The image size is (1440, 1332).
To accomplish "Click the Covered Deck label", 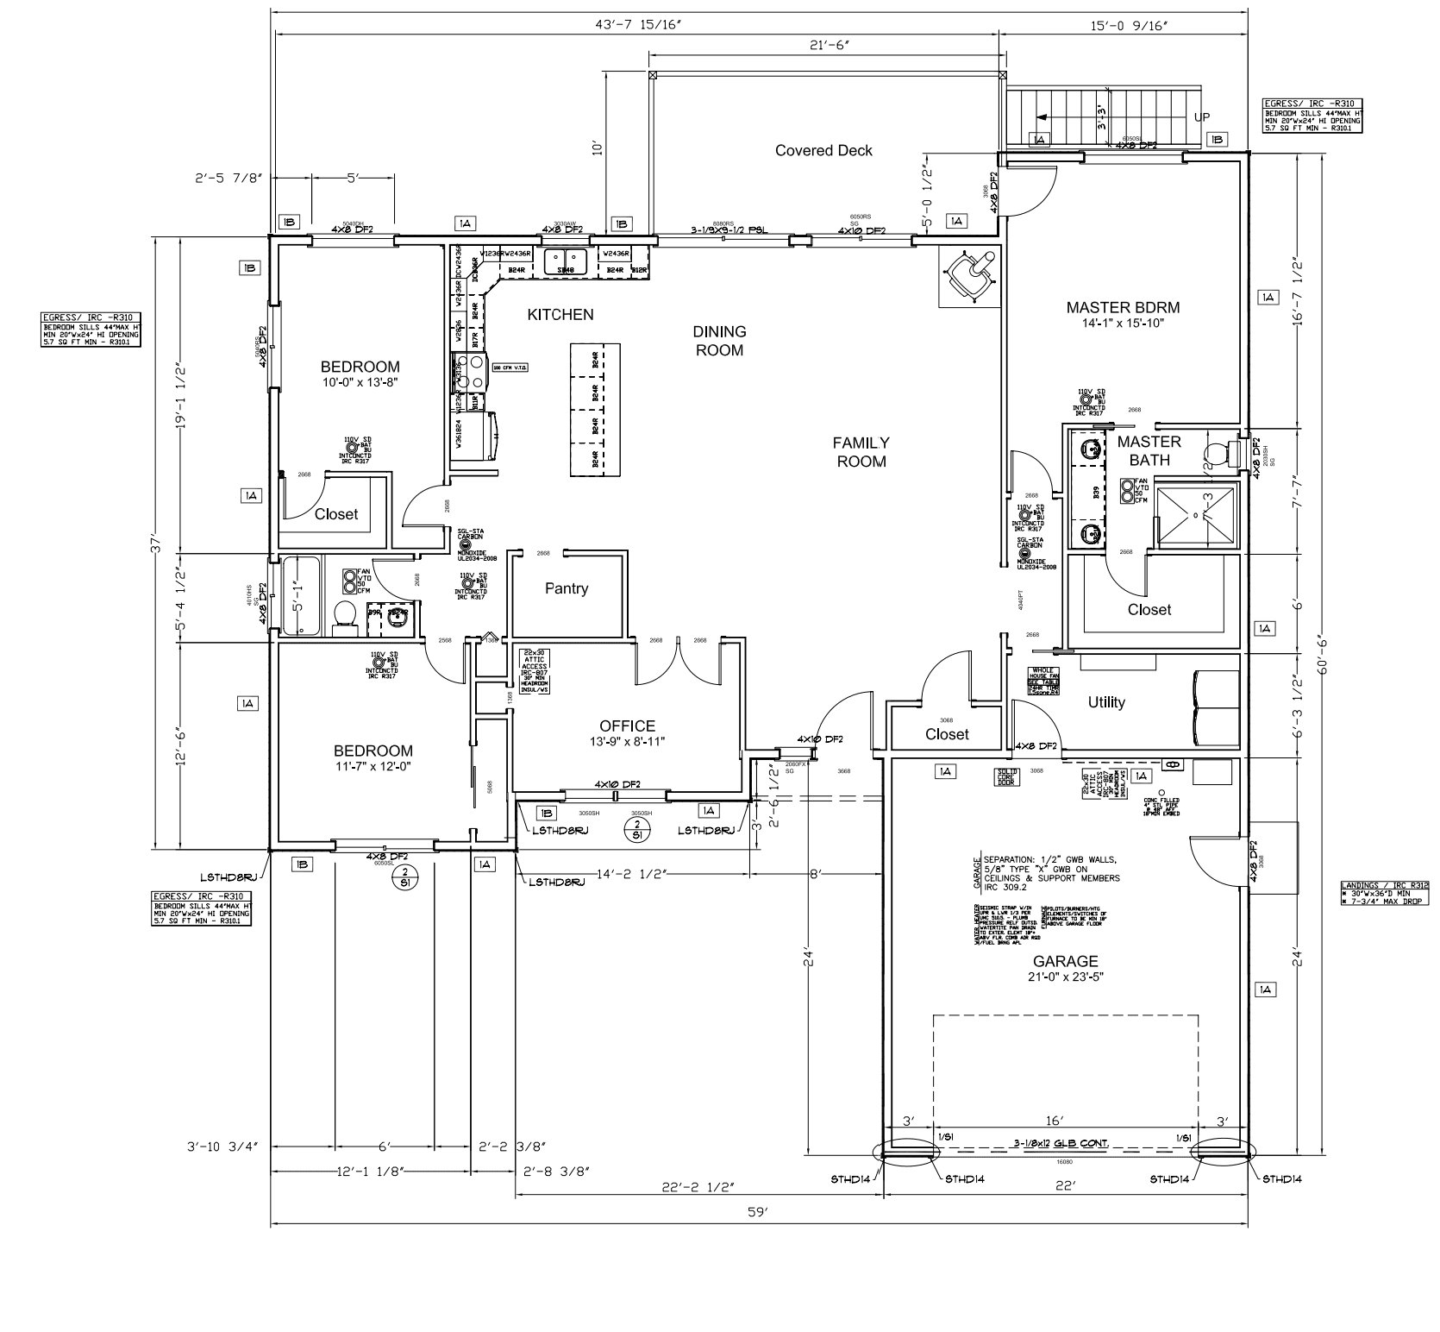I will tap(823, 151).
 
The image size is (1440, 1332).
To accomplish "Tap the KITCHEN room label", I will tap(560, 315).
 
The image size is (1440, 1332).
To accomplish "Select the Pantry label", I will tap(567, 589).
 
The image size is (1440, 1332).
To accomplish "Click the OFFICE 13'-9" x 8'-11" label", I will tap(627, 733).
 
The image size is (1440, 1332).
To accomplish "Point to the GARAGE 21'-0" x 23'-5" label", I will tap(1066, 969).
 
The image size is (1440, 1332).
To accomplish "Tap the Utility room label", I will tap(1105, 703).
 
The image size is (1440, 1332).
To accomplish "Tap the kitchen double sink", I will tap(566, 259).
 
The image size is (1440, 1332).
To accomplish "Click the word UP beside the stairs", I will tap(1201, 117).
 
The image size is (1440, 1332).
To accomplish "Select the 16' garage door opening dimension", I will tap(1055, 1122).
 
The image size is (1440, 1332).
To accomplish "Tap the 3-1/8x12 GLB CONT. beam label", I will tap(1061, 1144).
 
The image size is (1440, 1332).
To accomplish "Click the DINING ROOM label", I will tap(719, 341).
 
